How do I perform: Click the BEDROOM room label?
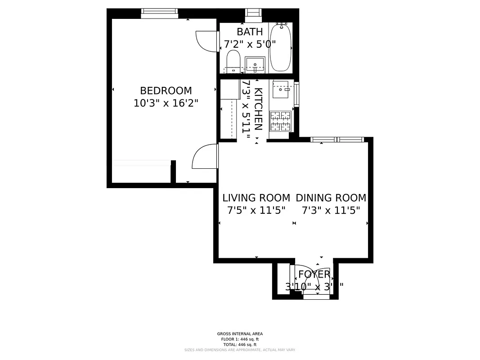coord(166,90)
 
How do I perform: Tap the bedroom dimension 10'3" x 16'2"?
coord(166,103)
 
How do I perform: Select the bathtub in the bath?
coord(280,47)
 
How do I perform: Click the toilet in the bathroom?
coord(233,61)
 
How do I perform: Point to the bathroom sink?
coord(255,64)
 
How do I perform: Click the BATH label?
coord(250,32)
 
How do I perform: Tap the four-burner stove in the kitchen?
coord(280,121)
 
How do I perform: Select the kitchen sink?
coord(283,89)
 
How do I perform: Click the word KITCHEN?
coord(258,109)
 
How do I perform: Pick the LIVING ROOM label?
coord(256,198)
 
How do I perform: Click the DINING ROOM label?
coord(331,198)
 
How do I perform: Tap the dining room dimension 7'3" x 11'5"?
coord(331,210)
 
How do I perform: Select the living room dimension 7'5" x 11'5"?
coord(256,210)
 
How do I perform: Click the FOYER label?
coord(314,274)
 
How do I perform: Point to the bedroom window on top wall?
coord(160,13)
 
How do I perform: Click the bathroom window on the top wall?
coord(253,15)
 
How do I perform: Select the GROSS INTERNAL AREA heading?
coord(239,334)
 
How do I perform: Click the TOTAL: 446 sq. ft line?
coord(239,344)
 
